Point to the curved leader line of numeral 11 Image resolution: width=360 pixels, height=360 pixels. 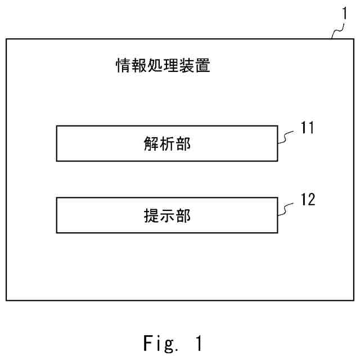pyautogui.click(x=288, y=137)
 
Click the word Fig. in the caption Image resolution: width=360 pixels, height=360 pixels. pyautogui.click(x=160, y=343)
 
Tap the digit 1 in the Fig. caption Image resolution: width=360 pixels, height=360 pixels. pyautogui.click(x=198, y=342)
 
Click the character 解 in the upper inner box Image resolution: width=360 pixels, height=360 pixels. pyautogui.click(x=151, y=144)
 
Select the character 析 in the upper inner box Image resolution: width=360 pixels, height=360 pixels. pyautogui.click(x=167, y=144)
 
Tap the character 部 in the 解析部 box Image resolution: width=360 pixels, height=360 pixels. pyautogui.click(x=183, y=144)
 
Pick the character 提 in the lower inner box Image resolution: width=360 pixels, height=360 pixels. pyautogui.click(x=151, y=215)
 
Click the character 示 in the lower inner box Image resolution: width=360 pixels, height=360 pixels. pyautogui.click(x=167, y=215)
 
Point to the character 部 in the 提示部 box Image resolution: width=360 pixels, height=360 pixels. pyautogui.click(x=183, y=215)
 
